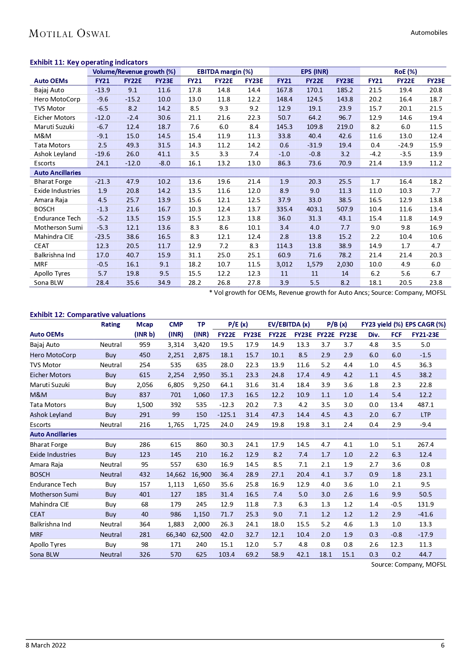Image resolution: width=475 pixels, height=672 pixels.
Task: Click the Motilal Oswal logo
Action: pyautogui.click(x=69, y=34)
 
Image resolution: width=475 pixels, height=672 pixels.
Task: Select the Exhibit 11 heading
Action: pyautogui.click(x=89, y=62)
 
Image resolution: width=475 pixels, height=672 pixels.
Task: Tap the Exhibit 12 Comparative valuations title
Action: pyautogui.click(x=88, y=314)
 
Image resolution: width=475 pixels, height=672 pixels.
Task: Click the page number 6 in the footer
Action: pyautogui.click(x=442, y=645)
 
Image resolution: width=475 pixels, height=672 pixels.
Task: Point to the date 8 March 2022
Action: pyautogui.click(x=46, y=645)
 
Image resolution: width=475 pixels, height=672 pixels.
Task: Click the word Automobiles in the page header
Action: pyautogui.click(x=429, y=33)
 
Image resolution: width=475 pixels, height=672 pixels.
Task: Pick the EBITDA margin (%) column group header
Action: pyautogui.click(x=225, y=72)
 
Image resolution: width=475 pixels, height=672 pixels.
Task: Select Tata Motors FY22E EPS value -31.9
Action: pyautogui.click(x=314, y=145)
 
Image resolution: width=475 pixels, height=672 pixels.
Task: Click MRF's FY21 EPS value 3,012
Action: pyautogui.click(x=284, y=264)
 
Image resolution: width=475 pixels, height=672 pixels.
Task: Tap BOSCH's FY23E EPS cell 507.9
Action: pyautogui.click(x=344, y=209)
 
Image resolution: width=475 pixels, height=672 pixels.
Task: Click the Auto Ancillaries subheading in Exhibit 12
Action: pyautogui.click(x=53, y=434)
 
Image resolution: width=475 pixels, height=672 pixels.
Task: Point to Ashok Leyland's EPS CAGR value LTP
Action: pyautogui.click(x=425, y=415)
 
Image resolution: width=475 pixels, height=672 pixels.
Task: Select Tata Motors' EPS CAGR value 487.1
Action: pyautogui.click(x=425, y=405)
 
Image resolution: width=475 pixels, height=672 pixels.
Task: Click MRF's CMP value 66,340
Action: pyautogui.click(x=176, y=535)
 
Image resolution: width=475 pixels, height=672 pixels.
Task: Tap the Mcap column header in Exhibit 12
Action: pyautogui.click(x=145, y=324)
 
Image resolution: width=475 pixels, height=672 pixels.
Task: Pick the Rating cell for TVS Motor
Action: pyautogui.click(x=111, y=365)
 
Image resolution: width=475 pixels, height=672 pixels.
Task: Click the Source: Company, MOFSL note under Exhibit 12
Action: pyautogui.click(x=408, y=564)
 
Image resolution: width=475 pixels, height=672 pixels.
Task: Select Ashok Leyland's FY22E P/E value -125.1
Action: pyautogui.click(x=226, y=415)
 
